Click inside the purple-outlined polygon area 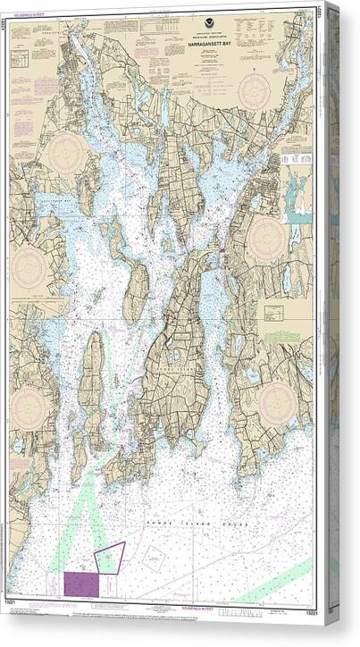click(110, 556)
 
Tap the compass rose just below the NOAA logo click(255, 91)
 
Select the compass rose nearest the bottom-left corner click(32, 408)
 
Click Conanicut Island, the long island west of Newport click(92, 384)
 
